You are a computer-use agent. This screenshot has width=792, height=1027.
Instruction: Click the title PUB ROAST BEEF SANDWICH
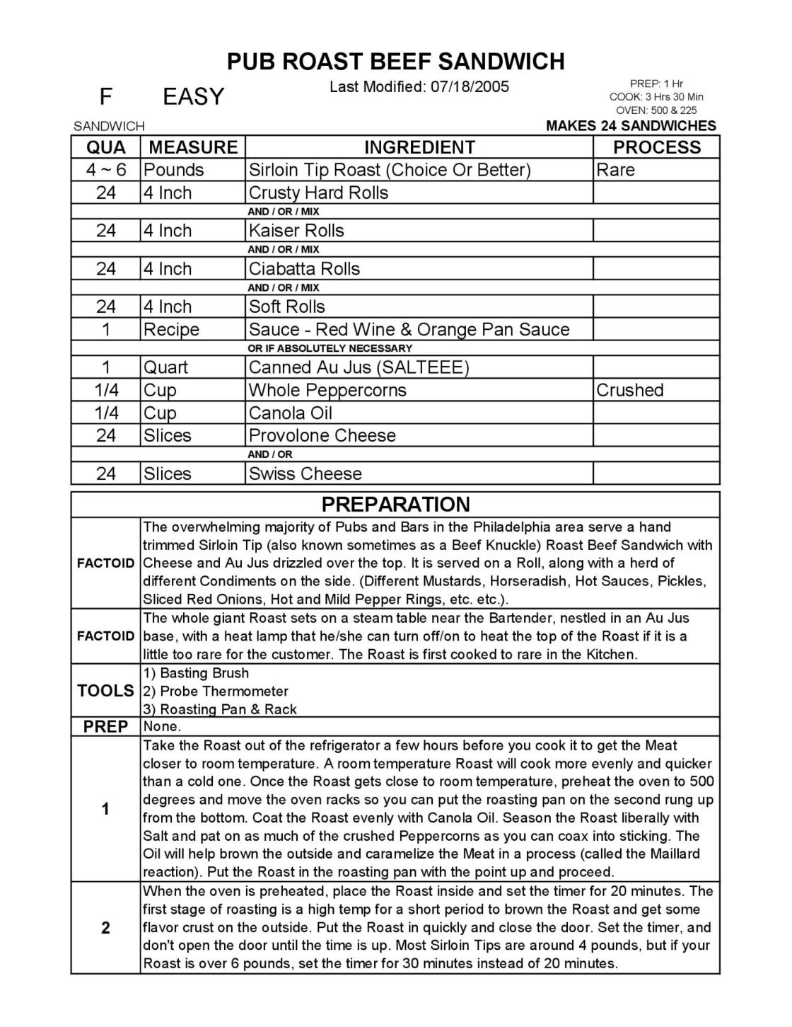click(395, 62)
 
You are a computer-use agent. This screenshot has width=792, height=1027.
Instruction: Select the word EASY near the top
click(193, 96)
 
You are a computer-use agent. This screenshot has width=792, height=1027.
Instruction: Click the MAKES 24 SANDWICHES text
click(631, 126)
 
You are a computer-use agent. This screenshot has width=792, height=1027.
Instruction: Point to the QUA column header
click(106, 147)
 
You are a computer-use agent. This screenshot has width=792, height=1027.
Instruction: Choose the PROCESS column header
click(656, 147)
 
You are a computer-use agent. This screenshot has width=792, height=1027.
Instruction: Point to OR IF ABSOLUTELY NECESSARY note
click(330, 348)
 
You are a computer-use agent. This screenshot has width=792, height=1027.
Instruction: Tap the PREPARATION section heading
click(395, 504)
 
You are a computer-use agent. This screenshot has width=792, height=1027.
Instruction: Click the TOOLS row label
click(105, 691)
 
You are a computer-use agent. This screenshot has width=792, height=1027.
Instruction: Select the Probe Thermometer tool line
click(216, 691)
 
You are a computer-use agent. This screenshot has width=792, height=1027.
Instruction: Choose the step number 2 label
click(105, 928)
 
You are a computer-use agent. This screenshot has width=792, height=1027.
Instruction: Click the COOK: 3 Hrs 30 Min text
click(656, 97)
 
